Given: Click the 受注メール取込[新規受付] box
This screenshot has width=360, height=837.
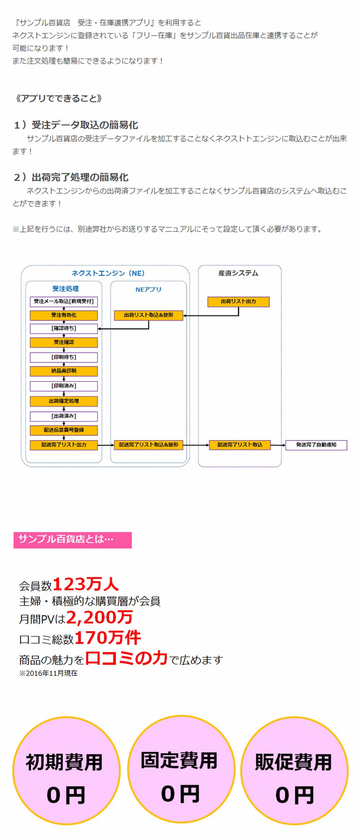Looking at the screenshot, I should [64, 302].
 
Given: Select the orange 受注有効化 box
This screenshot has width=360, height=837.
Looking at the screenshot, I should [64, 315].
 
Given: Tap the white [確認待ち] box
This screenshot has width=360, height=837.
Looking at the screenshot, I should [64, 329].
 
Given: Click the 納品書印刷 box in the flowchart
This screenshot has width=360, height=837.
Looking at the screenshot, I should [64, 371].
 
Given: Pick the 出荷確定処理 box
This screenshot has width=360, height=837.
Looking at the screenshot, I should [64, 401].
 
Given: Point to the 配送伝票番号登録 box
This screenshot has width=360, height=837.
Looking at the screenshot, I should [64, 430].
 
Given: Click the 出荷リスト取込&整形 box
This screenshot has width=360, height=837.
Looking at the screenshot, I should [148, 315].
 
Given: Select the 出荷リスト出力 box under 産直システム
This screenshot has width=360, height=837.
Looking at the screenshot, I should [238, 302].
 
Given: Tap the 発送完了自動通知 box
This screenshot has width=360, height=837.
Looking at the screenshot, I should [316, 445].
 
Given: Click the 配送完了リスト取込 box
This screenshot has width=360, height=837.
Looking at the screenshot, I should [240, 445].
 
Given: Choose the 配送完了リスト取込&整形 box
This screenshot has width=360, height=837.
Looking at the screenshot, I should [148, 445].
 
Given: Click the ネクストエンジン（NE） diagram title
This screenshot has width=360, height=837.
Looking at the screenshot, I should [108, 273].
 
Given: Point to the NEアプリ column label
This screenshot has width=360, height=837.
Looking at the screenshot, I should [148, 289].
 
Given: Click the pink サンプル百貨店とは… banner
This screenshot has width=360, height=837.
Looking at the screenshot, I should [72, 540].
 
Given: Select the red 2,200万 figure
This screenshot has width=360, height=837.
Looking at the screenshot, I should [99, 617].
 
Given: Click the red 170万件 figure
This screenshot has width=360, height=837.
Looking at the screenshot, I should [107, 638].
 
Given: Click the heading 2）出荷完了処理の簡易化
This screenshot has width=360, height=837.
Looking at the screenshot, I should [71, 177].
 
